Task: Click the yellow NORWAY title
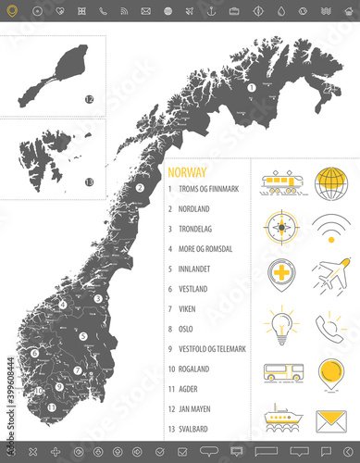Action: coord(188,171)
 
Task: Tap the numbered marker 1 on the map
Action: coord(251,88)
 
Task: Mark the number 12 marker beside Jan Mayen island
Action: coord(90,99)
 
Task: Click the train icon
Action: coord(280,181)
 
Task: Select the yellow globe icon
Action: coord(331,181)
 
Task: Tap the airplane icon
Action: coord(331,276)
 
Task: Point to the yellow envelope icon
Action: coord(331,421)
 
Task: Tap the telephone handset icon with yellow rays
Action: coord(331,324)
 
